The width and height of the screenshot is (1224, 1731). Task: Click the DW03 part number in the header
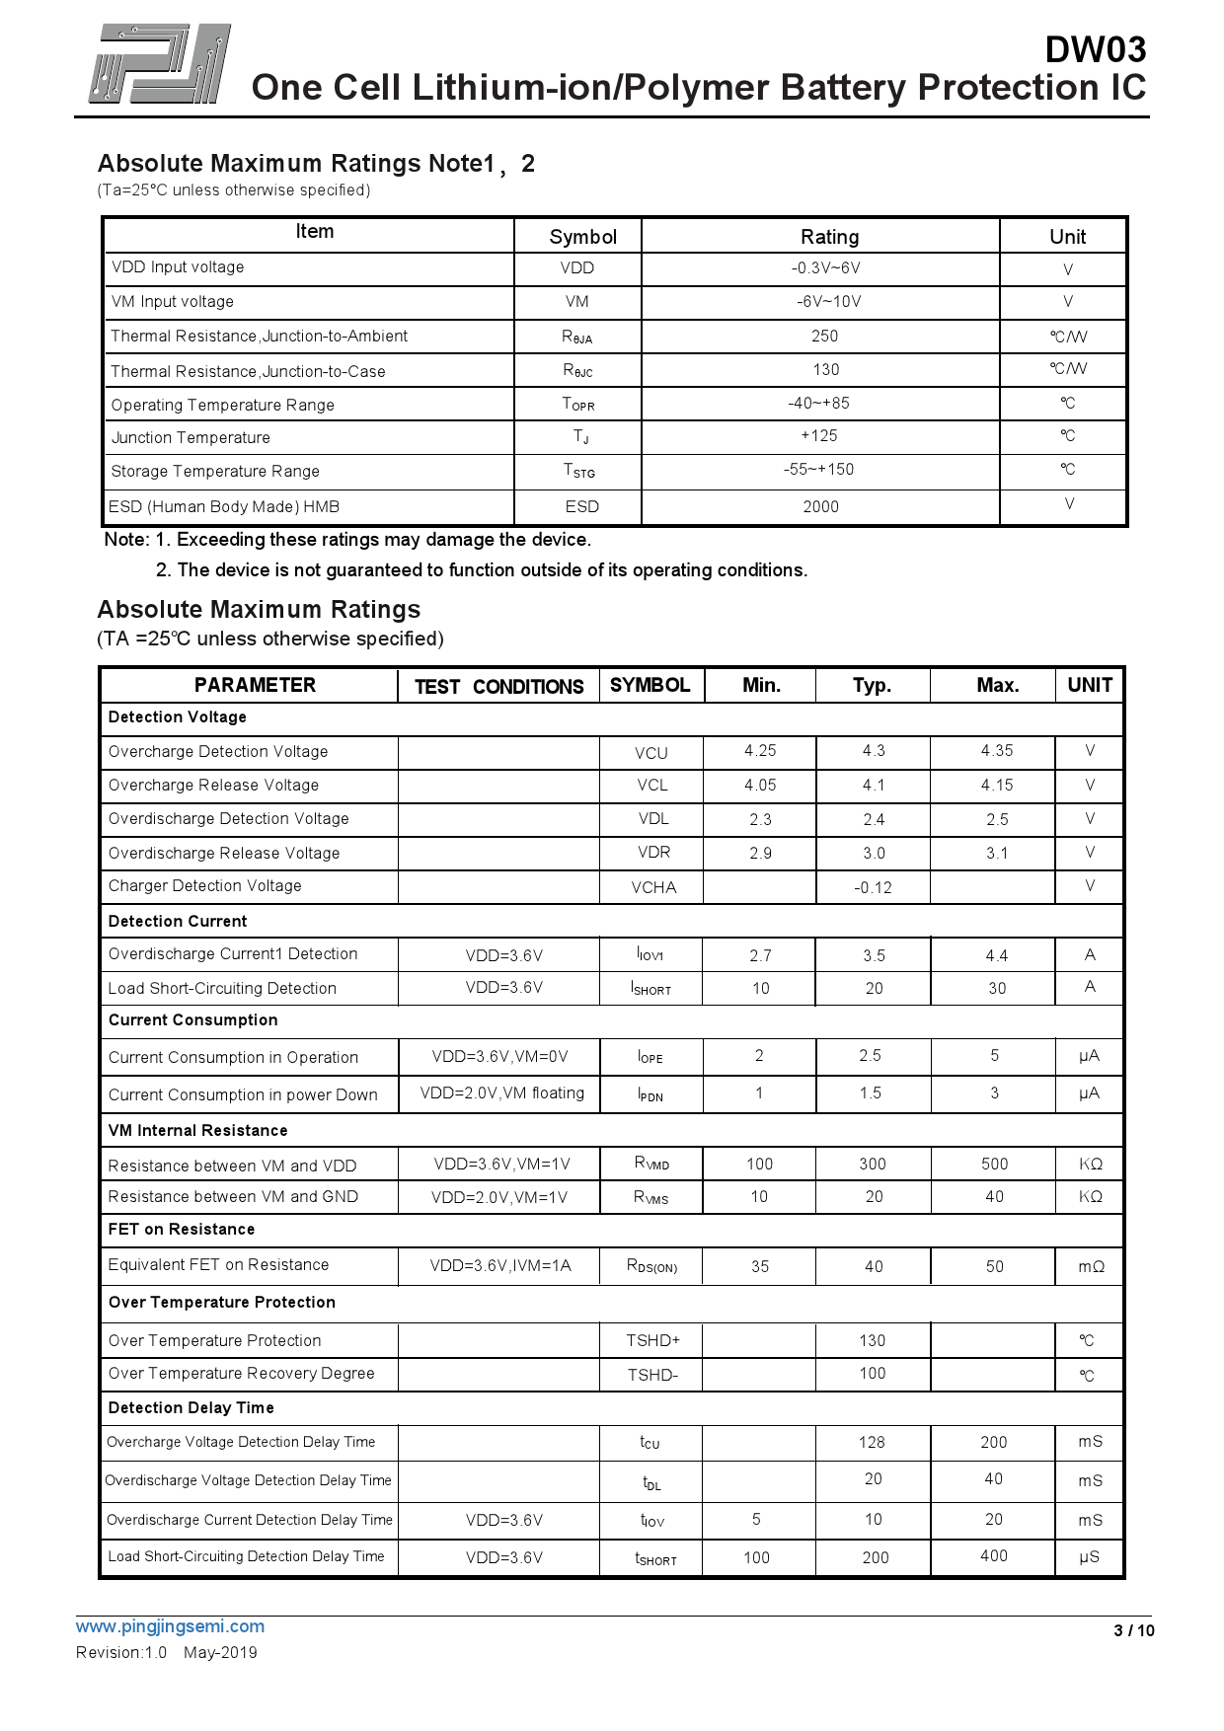(1095, 49)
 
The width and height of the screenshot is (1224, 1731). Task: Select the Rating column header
(829, 237)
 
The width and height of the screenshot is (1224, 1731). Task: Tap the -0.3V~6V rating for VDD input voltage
(825, 268)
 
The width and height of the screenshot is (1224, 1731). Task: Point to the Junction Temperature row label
(191, 438)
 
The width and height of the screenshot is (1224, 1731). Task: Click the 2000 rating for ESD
(820, 507)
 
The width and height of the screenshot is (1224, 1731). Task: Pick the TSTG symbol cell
(579, 472)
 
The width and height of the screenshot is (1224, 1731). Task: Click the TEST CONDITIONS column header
(498, 687)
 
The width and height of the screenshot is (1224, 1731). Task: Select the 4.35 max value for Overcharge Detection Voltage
(997, 751)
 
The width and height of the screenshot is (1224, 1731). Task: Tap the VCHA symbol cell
(653, 888)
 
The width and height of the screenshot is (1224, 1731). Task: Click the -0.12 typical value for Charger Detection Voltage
(873, 888)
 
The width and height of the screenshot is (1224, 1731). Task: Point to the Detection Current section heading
(178, 922)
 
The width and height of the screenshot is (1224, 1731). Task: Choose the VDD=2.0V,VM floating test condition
(501, 1093)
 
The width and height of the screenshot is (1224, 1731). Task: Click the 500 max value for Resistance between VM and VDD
(994, 1165)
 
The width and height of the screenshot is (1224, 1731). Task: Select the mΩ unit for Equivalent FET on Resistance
(1091, 1267)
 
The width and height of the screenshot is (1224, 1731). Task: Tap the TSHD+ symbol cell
(652, 1341)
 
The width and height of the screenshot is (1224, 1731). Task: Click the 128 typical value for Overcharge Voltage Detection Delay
(872, 1443)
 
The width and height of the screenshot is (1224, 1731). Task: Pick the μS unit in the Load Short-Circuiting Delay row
(1089, 1557)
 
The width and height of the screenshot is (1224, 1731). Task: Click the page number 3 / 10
(1133, 1631)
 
